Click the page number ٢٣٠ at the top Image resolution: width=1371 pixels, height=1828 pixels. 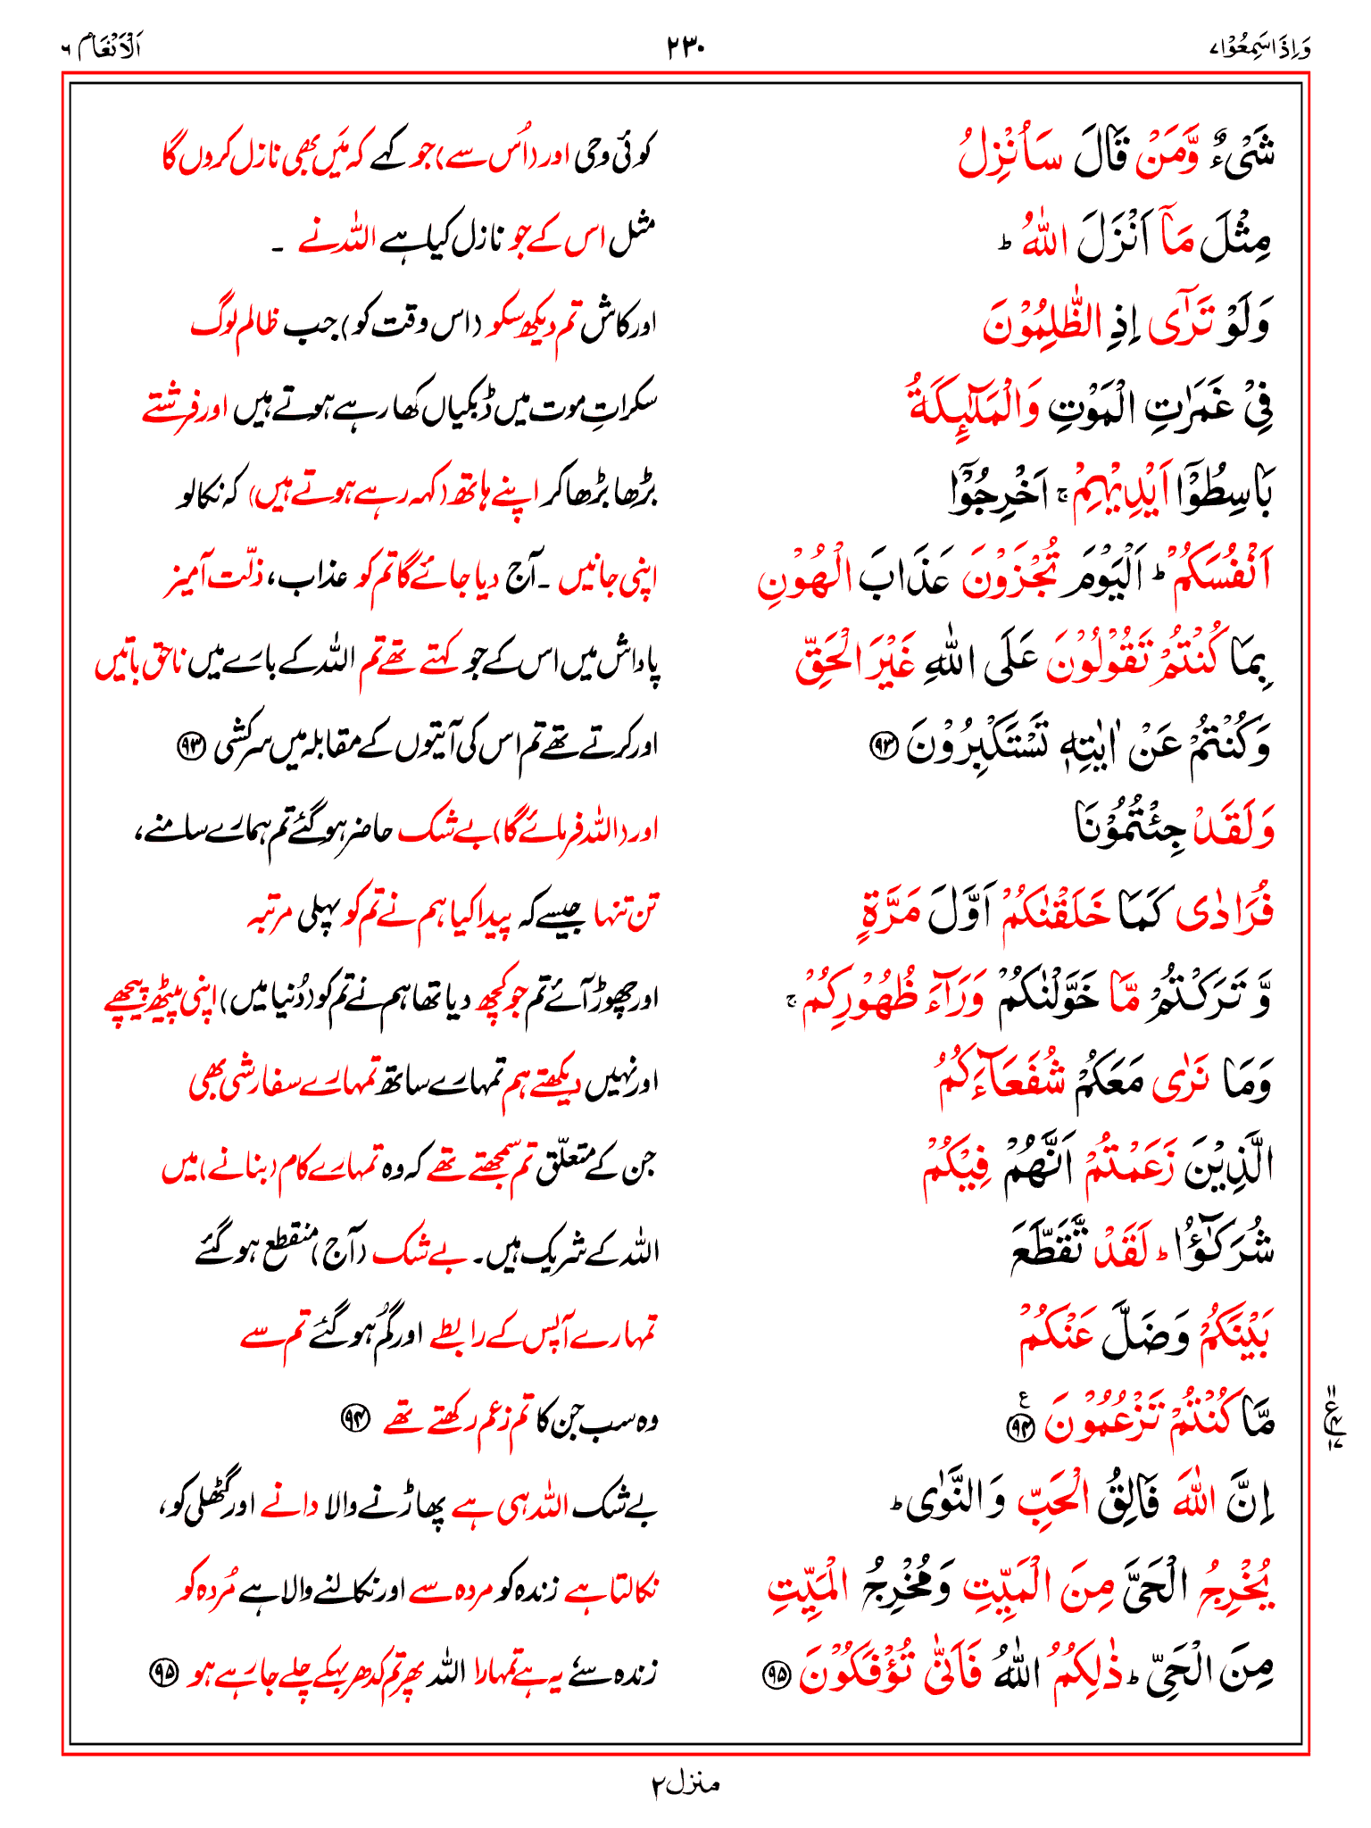pyautogui.click(x=685, y=46)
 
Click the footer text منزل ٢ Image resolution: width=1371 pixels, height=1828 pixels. pyautogui.click(x=685, y=1784)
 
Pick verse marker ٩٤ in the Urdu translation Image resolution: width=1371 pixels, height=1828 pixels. pyautogui.click(x=355, y=1417)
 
